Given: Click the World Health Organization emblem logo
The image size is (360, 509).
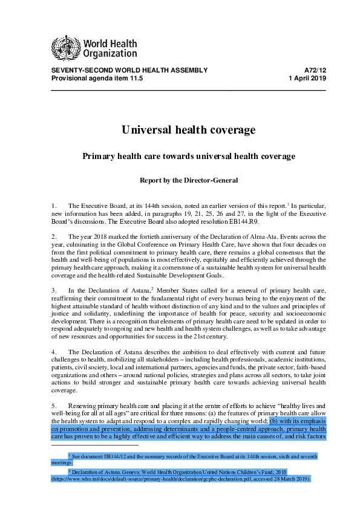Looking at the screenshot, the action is click(x=62, y=46).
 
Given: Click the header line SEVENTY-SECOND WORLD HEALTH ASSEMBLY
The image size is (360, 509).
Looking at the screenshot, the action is click(x=129, y=71).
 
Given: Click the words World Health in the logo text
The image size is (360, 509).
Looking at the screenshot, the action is click(x=110, y=44).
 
